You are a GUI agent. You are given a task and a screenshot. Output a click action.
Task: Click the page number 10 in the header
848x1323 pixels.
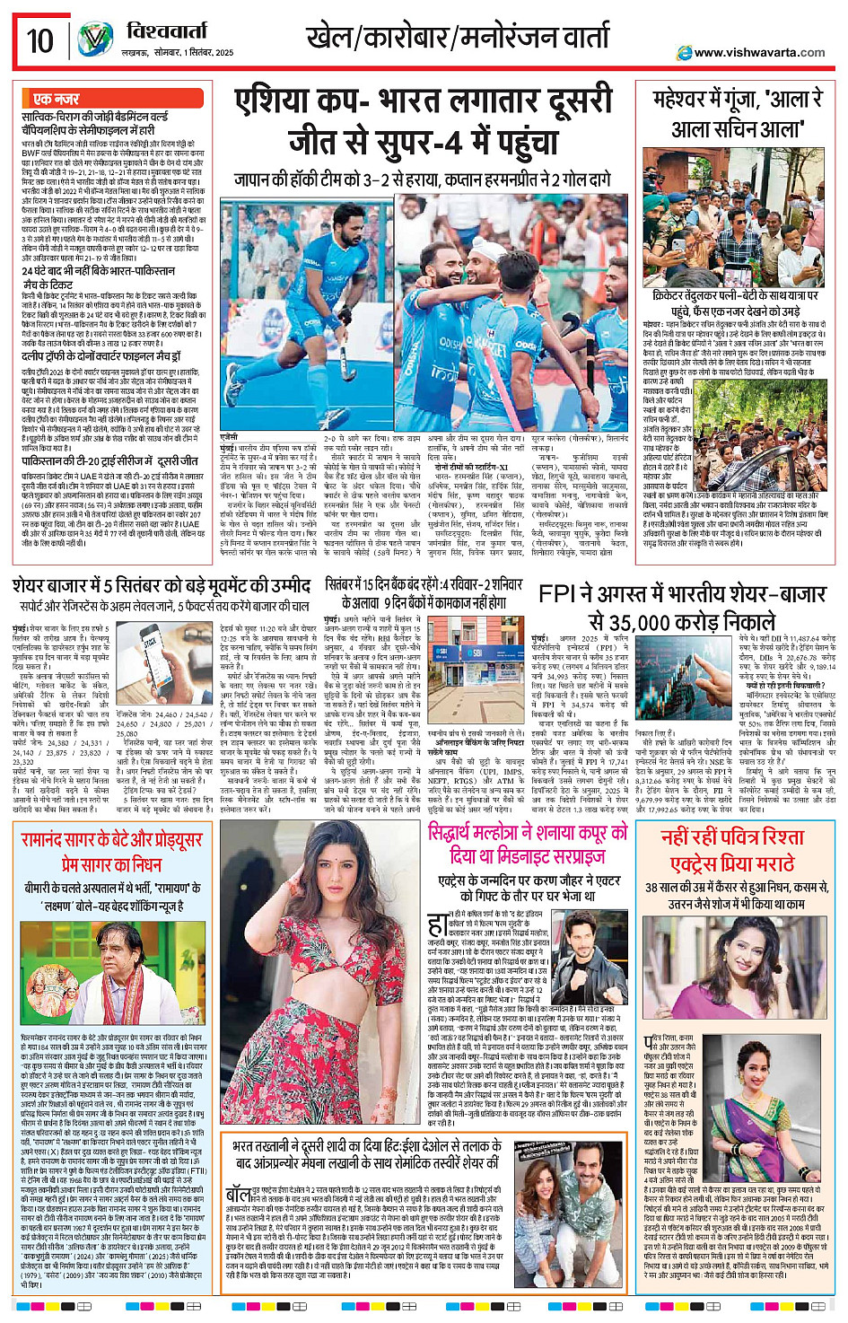pyautogui.click(x=39, y=41)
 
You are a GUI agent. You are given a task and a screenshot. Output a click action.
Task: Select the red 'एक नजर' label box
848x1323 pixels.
pyautogui.click(x=56, y=99)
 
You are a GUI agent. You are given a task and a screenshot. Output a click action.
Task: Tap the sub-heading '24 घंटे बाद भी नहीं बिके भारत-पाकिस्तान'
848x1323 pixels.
pyautogui.click(x=99, y=271)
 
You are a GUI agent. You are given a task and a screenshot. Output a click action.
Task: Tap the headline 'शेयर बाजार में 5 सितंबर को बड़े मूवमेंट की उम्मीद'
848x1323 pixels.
pyautogui.click(x=162, y=586)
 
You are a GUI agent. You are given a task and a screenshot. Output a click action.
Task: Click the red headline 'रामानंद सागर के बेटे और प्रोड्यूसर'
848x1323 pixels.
pyautogui.click(x=111, y=840)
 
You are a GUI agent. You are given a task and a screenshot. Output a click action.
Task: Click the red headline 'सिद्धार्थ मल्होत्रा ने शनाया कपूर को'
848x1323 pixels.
pyautogui.click(x=528, y=833)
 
